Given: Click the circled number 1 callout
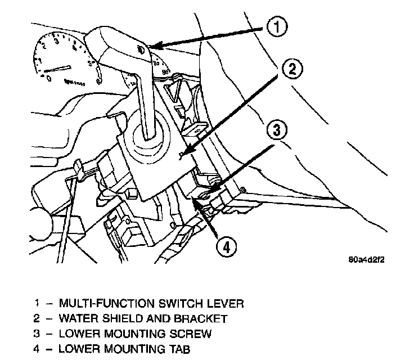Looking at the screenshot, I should coord(276,26).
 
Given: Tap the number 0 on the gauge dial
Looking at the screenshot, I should coord(49,79).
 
